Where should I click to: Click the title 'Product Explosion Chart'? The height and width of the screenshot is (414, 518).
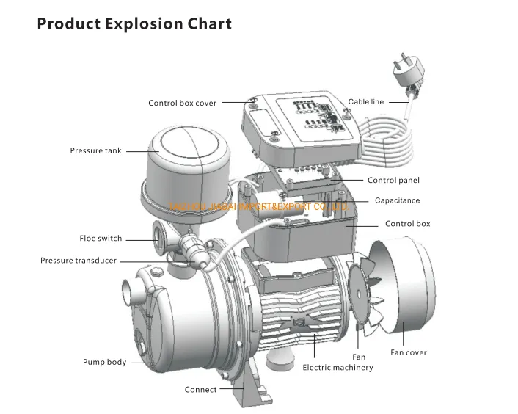[x=134, y=23]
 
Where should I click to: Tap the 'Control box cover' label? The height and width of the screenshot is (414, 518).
[x=183, y=103]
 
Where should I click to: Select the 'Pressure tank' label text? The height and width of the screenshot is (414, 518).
[x=96, y=151]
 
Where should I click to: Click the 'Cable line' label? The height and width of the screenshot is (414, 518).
[x=365, y=102]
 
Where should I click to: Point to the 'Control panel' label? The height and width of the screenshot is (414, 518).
[x=393, y=181]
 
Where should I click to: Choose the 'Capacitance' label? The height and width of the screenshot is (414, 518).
[x=397, y=200]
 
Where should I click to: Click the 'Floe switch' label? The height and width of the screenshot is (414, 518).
[x=101, y=239]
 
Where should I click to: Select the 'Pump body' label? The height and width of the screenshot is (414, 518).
[x=104, y=363]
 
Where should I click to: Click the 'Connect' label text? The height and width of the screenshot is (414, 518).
[x=200, y=390]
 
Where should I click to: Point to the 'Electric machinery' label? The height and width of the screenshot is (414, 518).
[x=338, y=368]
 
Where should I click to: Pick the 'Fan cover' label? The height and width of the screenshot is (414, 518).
[x=408, y=353]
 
